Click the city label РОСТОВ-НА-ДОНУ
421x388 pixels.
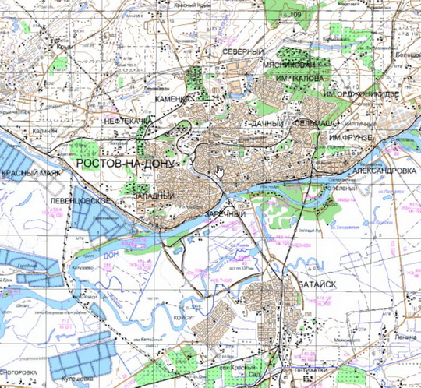pyautogui.click(x=126, y=162)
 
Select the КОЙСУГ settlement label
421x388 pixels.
pyautogui.click(x=181, y=318)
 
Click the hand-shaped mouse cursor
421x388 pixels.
pyautogui.click(x=220, y=171)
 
